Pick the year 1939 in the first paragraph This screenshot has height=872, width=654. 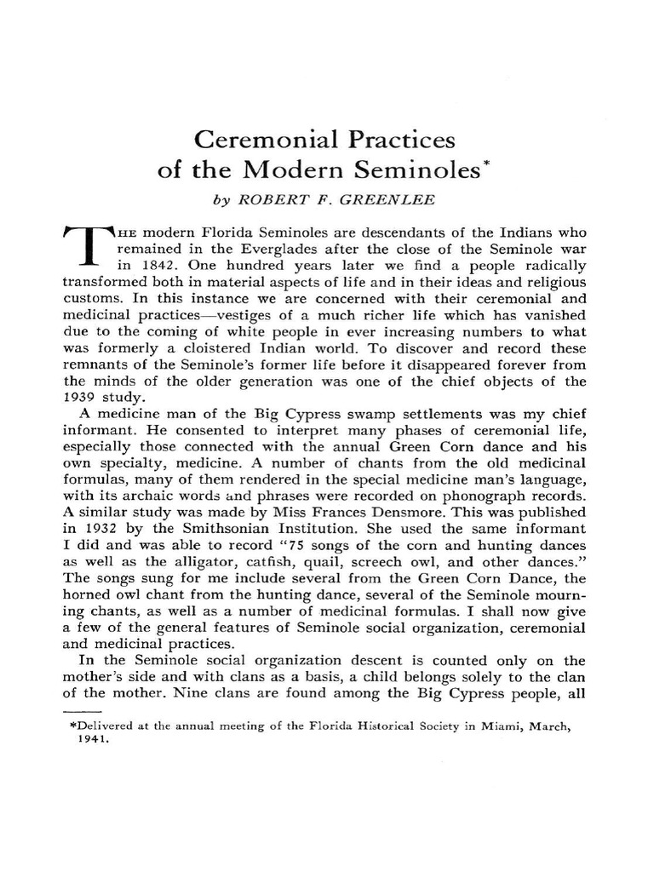coord(84,397)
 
